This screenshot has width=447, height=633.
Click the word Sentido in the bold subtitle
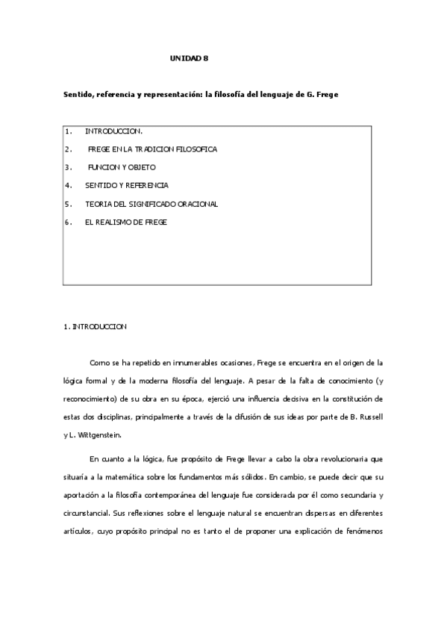77,96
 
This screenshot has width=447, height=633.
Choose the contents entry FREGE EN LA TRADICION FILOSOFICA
152,149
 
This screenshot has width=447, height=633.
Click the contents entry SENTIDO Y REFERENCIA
127,185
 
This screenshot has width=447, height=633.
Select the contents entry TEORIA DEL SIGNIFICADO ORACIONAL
151,203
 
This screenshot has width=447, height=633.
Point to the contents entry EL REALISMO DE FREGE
126,222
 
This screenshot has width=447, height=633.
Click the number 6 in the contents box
68,222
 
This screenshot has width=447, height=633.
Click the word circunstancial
88,511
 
